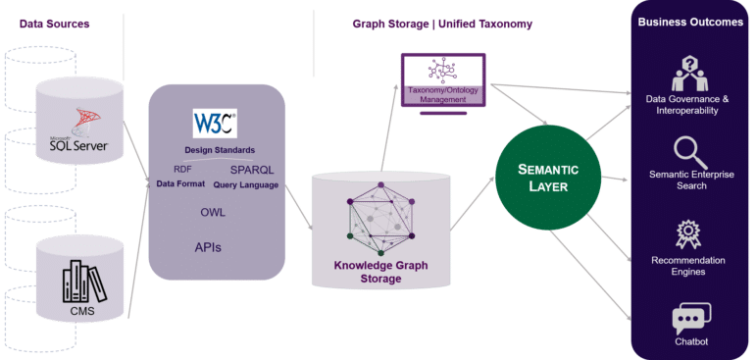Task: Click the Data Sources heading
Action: click(x=55, y=24)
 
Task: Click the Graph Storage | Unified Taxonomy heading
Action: click(x=442, y=24)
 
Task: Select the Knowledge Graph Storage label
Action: click(x=381, y=272)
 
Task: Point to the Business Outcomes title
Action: click(x=690, y=23)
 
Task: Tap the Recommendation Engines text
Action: click(x=691, y=265)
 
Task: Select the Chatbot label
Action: click(x=690, y=341)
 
